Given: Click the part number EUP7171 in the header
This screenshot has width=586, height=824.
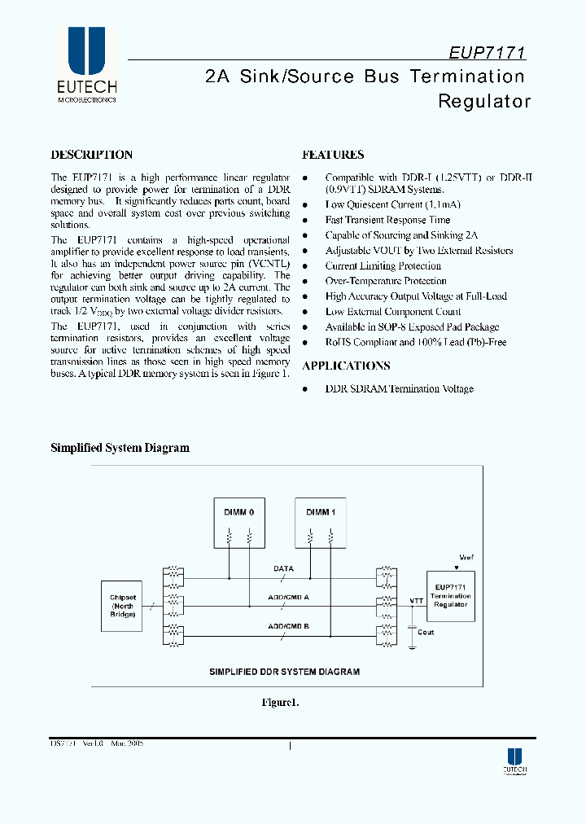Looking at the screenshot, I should [487, 52].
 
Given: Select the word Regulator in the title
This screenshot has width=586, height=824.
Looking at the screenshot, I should [484, 102].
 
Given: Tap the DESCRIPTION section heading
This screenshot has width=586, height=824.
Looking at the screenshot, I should [91, 155].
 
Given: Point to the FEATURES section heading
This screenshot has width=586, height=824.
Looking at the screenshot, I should [333, 155].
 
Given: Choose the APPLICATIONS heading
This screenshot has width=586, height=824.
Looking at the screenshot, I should [346, 366].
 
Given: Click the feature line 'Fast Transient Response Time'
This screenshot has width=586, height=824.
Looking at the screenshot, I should [387, 220].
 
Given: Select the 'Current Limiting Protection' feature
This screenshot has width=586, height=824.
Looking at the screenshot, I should [383, 266].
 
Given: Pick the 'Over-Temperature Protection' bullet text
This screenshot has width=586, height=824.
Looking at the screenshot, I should [386, 281].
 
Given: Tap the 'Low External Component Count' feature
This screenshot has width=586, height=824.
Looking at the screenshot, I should [393, 312].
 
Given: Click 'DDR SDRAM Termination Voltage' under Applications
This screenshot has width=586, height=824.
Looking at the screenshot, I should [399, 389].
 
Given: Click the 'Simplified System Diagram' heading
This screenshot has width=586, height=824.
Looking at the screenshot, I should [120, 448].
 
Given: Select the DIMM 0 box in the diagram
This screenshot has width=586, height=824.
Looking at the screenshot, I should [239, 522].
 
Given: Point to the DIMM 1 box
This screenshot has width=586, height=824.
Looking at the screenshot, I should [320, 522].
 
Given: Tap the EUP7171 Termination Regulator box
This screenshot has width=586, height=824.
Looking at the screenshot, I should [450, 597].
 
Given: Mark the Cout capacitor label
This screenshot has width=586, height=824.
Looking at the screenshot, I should [425, 632].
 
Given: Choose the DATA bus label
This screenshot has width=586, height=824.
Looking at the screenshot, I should [283, 569].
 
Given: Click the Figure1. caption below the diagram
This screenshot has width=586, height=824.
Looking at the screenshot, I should [281, 703].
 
